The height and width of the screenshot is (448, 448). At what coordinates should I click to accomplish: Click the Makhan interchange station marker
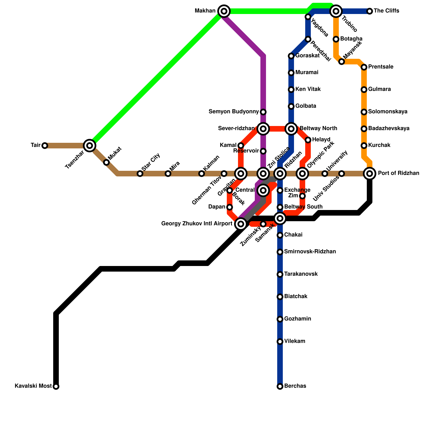point(224,11)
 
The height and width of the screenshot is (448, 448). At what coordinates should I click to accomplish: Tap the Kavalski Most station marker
point(56,386)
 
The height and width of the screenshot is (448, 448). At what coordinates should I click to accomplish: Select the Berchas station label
point(295,386)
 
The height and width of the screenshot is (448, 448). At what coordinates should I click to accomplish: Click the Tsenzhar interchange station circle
point(90,145)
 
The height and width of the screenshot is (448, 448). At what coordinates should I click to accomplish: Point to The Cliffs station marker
point(370,11)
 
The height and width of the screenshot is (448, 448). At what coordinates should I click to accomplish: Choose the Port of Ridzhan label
point(398,173)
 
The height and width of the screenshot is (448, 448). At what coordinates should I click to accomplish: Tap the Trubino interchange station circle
point(336,11)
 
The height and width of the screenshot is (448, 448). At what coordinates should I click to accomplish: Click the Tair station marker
point(45,146)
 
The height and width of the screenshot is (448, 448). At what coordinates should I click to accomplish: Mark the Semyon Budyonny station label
point(234,112)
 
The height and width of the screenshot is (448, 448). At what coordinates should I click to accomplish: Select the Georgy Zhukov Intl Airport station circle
point(241,224)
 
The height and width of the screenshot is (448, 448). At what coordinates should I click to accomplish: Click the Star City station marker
point(140,174)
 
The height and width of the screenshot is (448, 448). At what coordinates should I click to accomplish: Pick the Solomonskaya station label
point(388,112)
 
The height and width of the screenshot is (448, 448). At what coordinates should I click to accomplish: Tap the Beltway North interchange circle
point(291,129)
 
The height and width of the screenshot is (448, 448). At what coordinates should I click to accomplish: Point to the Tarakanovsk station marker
point(280,274)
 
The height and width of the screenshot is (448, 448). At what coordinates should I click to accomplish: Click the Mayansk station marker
point(342,62)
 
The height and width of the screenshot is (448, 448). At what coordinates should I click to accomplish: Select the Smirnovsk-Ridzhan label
point(310,252)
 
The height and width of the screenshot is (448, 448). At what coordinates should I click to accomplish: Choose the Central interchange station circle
point(263,190)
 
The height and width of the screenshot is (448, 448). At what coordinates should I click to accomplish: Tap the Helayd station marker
point(308,140)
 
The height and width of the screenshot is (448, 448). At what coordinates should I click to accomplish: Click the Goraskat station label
point(307,56)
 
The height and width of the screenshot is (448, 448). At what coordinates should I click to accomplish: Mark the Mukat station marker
point(106,162)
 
